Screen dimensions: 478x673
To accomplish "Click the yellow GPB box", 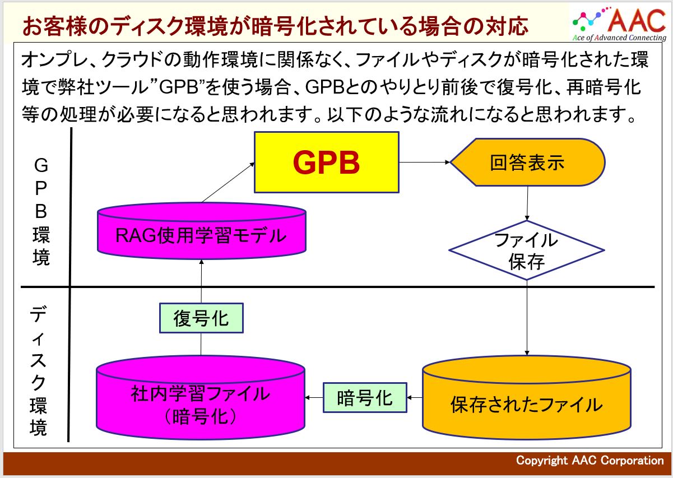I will tap(327, 163).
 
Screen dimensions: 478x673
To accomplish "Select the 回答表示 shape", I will tap(527, 163).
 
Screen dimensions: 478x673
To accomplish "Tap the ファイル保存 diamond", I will tap(527, 250).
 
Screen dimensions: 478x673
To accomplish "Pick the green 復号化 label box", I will tap(201, 318).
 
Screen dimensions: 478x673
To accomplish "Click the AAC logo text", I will tap(636, 20).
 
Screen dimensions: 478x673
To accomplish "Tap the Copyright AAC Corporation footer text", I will tap(590, 461).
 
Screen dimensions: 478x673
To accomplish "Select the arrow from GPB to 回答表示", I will tap(424, 163).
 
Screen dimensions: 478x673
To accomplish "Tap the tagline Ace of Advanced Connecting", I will tap(619, 38).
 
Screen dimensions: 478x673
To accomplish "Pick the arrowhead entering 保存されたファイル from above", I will tap(527, 351).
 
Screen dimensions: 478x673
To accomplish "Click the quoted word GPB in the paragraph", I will tap(179, 89).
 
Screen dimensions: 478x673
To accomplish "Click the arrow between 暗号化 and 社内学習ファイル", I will tap(314, 398).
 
